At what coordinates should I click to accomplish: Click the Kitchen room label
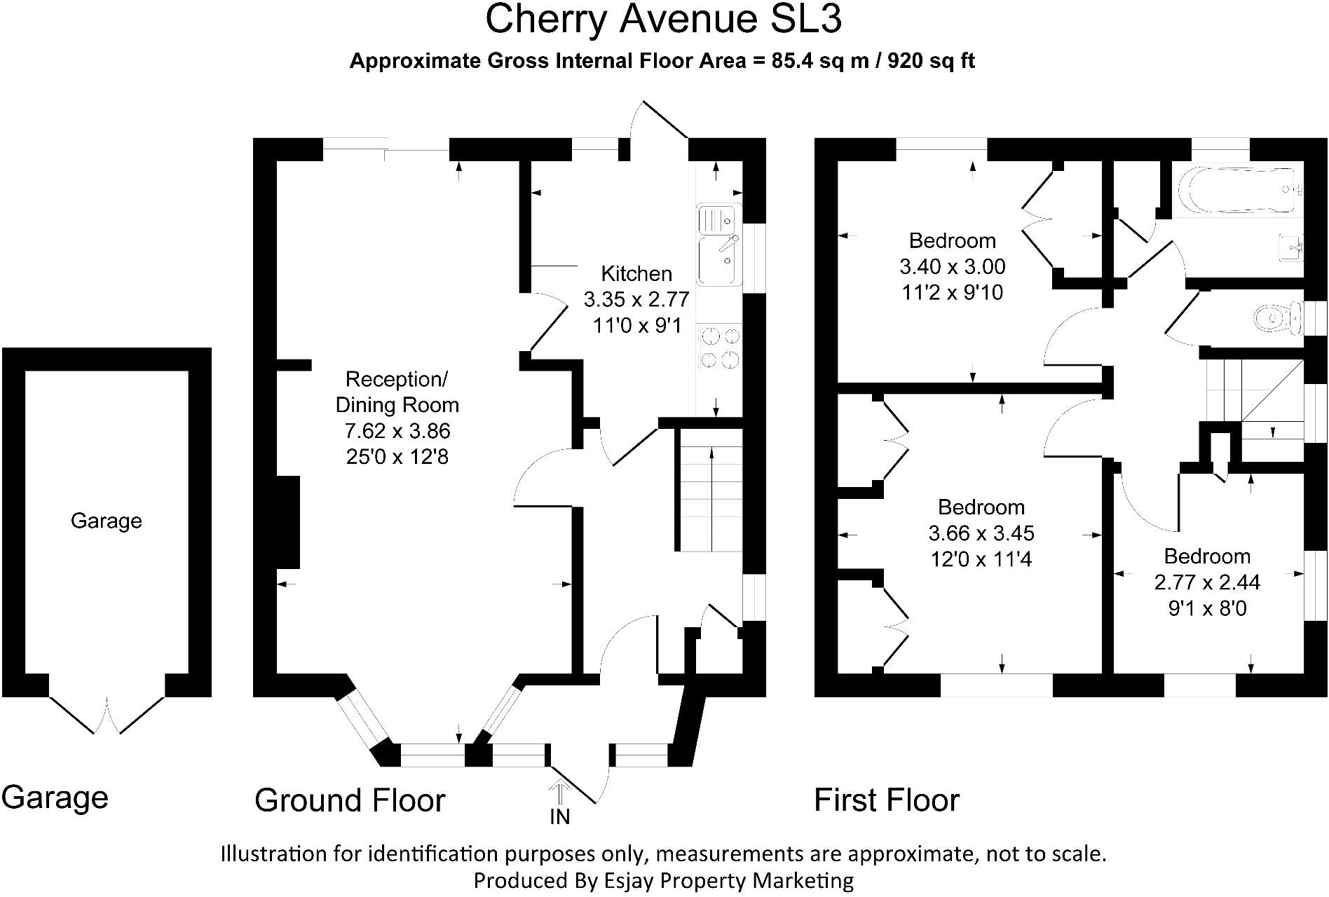click(636, 273)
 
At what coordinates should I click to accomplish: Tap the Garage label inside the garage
click(107, 521)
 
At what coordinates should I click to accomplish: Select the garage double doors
click(107, 715)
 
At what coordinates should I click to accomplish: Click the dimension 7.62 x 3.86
click(397, 431)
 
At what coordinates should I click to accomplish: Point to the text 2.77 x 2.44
click(1207, 582)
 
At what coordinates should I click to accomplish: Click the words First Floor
click(886, 800)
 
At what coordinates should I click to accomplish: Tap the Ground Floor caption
click(350, 800)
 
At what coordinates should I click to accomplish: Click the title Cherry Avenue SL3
click(663, 20)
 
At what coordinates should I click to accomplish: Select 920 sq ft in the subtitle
click(932, 61)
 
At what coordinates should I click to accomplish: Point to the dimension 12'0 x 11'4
click(981, 559)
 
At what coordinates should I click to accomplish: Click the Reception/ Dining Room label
click(397, 392)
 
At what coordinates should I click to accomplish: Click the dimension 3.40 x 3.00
click(952, 267)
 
